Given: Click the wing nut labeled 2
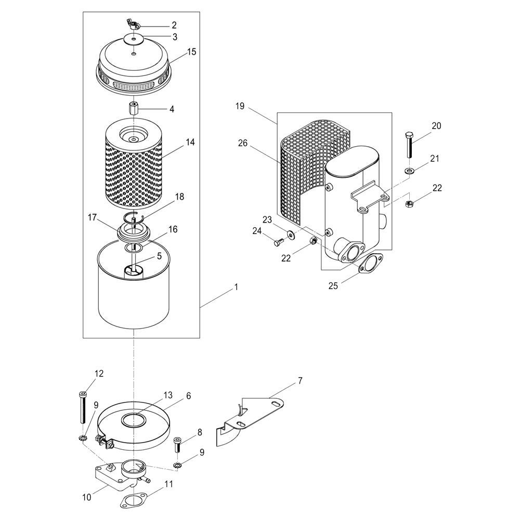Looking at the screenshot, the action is pos(133,25).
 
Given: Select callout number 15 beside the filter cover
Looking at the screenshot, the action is pos(191,51).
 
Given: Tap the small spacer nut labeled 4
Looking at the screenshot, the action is pos(133,109).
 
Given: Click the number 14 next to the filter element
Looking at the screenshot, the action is pos(190,142).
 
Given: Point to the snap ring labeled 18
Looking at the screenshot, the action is pos(134,217).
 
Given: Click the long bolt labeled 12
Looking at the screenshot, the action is pos(83,407).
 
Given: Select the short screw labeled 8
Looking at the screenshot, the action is pos(177,445).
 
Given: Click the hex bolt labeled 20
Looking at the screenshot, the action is pos(409,145).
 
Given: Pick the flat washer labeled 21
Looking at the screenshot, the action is pos(409,171).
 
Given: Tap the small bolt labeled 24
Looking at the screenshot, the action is pos(278,242).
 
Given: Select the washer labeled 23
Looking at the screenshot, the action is pos(292,235).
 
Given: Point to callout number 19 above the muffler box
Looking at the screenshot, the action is pos(240,106).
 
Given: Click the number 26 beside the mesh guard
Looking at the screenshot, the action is pos(243,144).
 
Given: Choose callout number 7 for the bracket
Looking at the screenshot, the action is pos(300,381).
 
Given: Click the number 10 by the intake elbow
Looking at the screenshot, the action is pos(86,498).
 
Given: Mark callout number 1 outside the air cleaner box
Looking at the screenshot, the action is pos(236,287).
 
